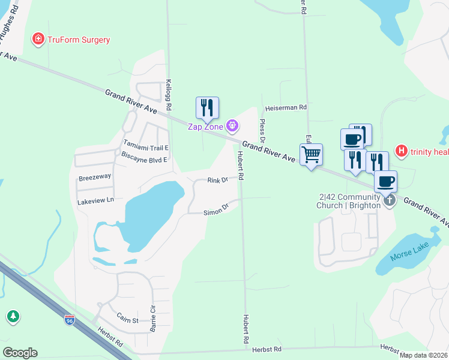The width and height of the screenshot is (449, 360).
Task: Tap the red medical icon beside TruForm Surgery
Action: coord(38,40)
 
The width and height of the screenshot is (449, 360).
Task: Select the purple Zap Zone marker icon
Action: coord(232,126)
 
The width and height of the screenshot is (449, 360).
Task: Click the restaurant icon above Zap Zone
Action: coord(207,108)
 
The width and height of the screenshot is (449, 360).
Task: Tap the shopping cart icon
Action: coord(311,155)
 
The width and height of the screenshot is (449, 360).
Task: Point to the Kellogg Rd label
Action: coord(169,95)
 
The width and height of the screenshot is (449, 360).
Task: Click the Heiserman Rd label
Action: coord(286,107)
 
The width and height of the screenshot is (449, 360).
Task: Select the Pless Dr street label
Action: coord(262,130)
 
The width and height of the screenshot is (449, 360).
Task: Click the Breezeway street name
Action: coord(95,178)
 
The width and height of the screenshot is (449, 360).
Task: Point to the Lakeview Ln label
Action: coord(95,202)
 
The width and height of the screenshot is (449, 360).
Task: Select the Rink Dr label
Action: coord(217,180)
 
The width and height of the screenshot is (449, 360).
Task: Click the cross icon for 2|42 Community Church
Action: coord(389,200)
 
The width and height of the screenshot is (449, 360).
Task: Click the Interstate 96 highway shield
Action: coord(70,320)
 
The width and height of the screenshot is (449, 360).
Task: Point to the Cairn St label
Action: coord(127,320)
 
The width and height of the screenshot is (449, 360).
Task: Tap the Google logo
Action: coord(20,353)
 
